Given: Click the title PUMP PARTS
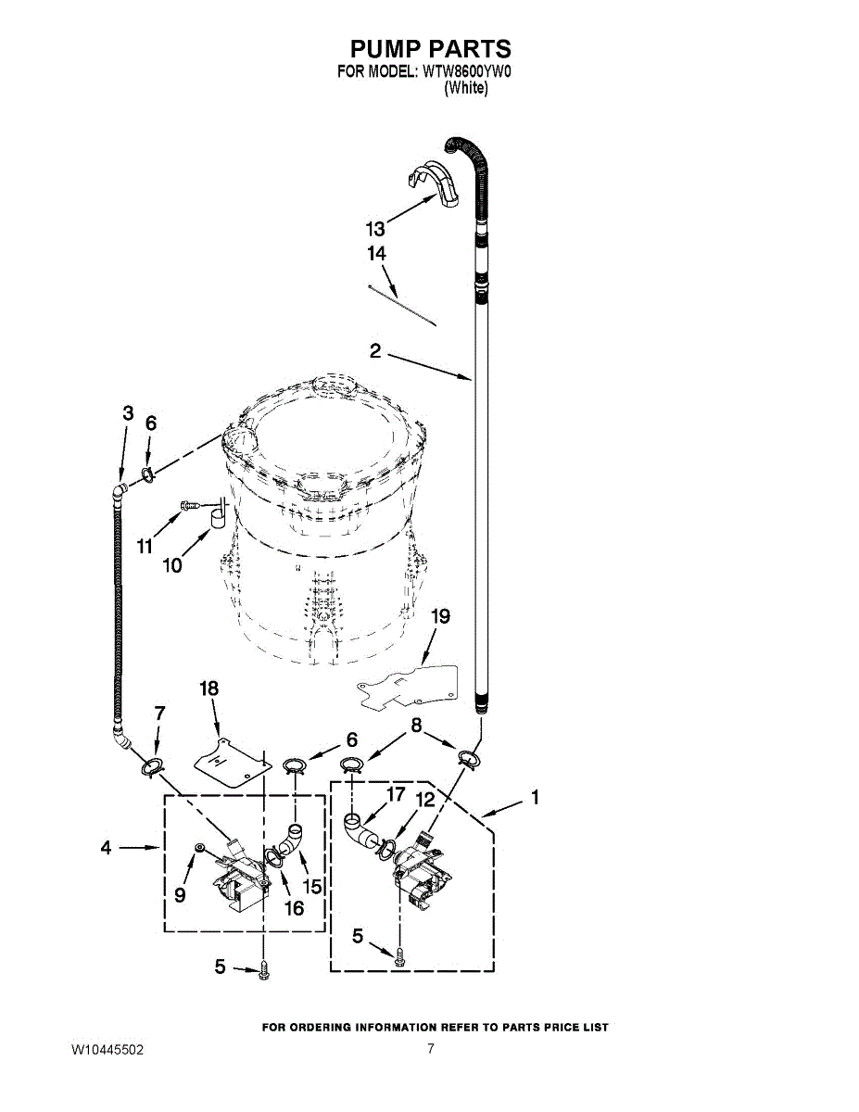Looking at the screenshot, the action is [x=430, y=49].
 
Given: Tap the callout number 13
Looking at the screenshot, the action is [x=375, y=229].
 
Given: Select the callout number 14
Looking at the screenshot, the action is [x=376, y=253].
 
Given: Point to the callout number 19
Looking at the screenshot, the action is [x=441, y=616].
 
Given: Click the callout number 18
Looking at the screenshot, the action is [x=209, y=688].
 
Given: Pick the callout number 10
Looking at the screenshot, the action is [x=172, y=564].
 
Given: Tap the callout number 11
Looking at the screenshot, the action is [x=145, y=547].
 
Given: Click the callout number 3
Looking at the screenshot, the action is [x=128, y=413].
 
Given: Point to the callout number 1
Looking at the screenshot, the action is [x=535, y=797].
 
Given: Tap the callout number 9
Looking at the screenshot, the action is [x=181, y=894].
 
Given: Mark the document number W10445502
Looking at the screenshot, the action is [x=107, y=1050].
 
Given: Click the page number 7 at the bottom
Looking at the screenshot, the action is [x=431, y=1049].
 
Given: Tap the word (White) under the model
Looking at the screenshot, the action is [x=466, y=88].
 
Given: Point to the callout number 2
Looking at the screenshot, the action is [x=375, y=350].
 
